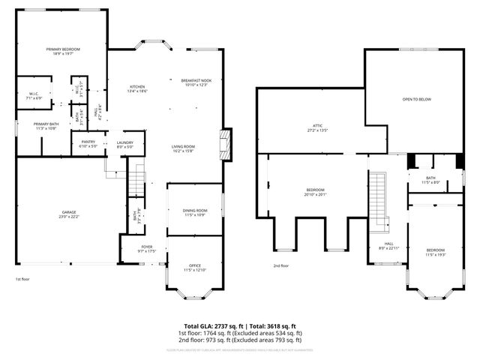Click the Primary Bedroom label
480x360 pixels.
click(x=61, y=51)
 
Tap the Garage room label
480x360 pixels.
click(x=69, y=214)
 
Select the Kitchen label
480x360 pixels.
click(x=137, y=88)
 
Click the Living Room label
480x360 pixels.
click(x=183, y=148)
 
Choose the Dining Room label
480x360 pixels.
click(x=194, y=213)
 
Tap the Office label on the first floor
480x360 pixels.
click(x=194, y=268)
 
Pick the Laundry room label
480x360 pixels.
click(x=124, y=145)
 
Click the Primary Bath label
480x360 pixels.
click(x=45, y=126)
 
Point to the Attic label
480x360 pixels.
click(x=317, y=127)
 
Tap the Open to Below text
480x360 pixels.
click(x=417, y=99)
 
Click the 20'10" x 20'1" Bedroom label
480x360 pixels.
click(x=315, y=192)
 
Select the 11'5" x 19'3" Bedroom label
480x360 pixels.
click(x=436, y=252)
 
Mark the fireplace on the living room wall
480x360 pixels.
click(x=223, y=145)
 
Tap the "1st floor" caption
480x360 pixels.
click(x=22, y=279)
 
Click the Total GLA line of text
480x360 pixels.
click(x=240, y=325)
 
